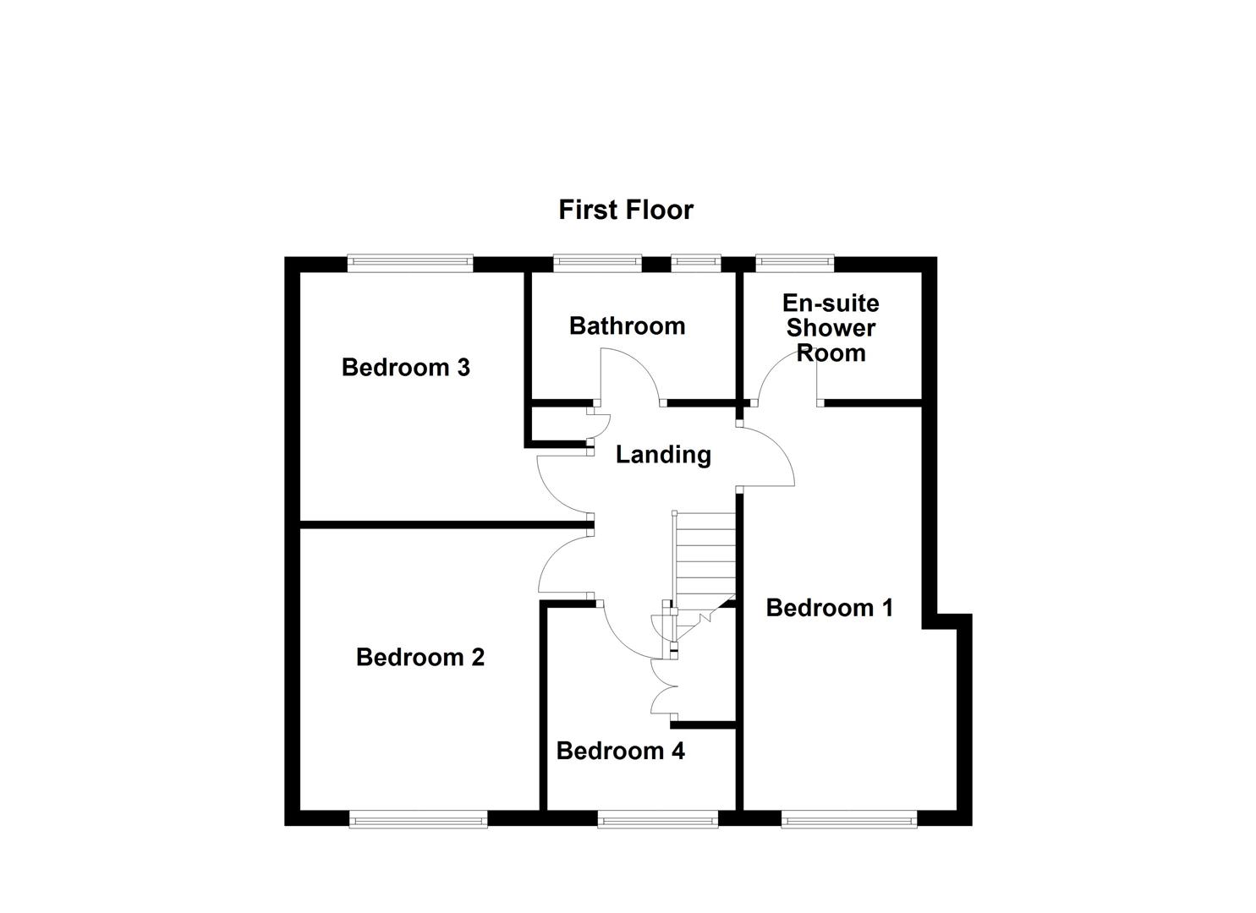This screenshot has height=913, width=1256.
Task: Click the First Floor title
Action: pos(626,210)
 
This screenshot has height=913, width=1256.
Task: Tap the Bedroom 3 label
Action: pos(405,368)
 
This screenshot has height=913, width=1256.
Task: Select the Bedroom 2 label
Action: pos(420,657)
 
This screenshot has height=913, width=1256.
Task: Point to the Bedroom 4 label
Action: pos(620,751)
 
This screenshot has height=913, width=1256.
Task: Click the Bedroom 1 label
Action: pos(829,608)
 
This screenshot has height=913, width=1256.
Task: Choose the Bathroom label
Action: pos(627,325)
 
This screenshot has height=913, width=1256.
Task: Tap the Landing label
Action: pos(662,455)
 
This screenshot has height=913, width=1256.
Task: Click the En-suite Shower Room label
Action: pos(831,328)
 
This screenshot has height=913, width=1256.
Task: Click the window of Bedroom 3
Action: pos(409,263)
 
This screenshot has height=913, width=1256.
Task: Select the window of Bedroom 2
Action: pos(418,818)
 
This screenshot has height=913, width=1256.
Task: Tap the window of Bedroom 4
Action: pos(657,818)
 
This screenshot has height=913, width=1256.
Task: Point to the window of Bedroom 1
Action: pos(848,818)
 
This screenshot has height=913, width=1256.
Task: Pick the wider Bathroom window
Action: pos(597,263)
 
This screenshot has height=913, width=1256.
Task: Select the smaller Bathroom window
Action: pos(696,263)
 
